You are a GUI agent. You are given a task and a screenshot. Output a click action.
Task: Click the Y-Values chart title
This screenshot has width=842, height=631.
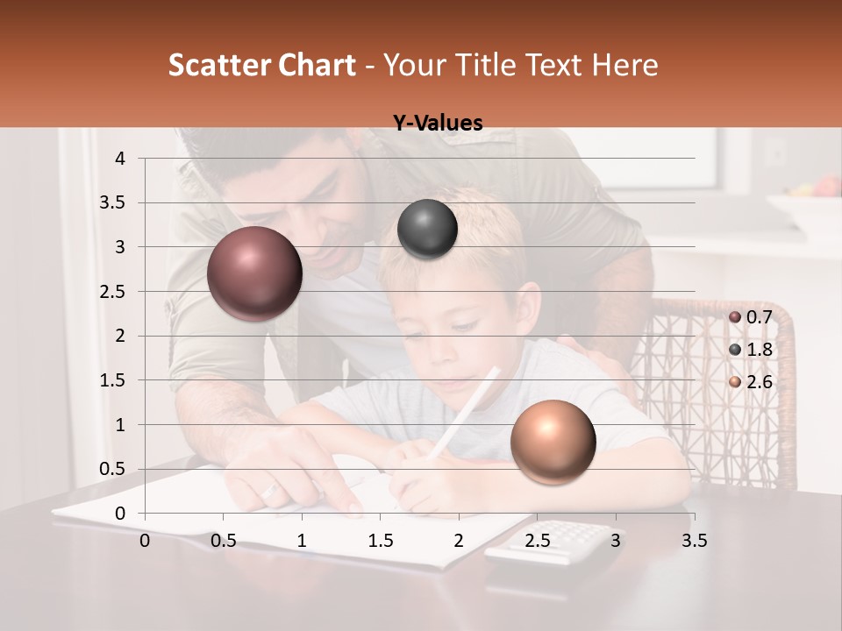438,124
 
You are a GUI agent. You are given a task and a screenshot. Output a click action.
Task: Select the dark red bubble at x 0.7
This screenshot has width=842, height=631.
255,273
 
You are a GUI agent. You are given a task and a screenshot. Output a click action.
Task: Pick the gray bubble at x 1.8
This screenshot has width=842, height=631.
427,230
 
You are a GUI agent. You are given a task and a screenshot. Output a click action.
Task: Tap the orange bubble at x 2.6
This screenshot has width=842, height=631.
553,442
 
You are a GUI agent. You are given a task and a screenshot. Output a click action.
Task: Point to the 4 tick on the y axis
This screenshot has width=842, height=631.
120,159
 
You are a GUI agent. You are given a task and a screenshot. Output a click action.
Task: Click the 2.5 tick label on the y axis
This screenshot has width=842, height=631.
112,292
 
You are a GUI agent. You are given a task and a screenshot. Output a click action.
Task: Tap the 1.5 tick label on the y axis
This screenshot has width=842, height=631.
112,380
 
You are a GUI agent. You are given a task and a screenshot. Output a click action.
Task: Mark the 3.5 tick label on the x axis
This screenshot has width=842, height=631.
694,541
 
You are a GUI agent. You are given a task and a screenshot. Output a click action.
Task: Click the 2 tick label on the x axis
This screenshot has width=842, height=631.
458,541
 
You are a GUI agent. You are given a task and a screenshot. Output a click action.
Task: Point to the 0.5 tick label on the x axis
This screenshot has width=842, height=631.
224,541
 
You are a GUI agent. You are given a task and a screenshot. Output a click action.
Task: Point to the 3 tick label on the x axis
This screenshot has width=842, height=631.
615,541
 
